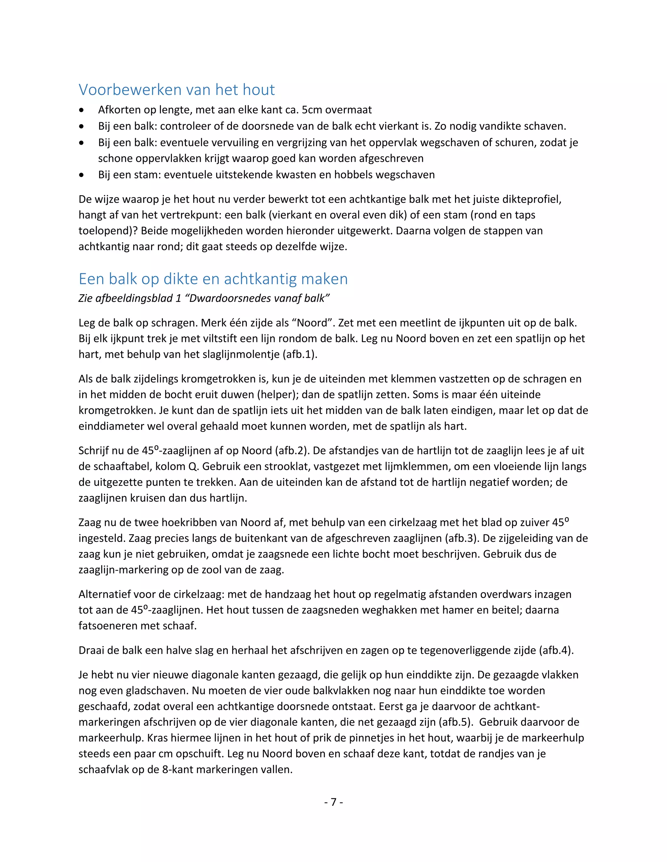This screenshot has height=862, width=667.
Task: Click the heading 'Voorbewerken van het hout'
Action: pyautogui.click(x=177, y=90)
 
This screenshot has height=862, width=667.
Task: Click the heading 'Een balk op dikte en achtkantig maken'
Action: pyautogui.click(x=213, y=279)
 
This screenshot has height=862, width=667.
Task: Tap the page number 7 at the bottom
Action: pyautogui.click(x=333, y=802)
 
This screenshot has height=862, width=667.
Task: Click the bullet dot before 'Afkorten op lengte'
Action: pyautogui.click(x=81, y=110)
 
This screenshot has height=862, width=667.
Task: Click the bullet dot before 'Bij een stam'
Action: pyautogui.click(x=81, y=175)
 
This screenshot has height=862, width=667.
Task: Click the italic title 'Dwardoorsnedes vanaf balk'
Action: pyautogui.click(x=257, y=298)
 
